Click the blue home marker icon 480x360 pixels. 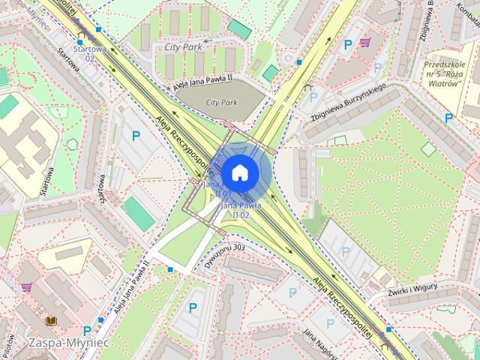click(239, 172)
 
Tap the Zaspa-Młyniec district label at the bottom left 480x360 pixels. click(68, 342)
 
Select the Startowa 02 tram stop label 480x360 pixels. click(88, 53)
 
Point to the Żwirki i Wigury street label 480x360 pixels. click(413, 291)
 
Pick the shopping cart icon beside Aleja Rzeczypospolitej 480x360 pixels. click(364, 43)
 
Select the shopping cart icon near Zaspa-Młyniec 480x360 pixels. click(27, 286)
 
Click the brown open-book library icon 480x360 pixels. click(52, 321)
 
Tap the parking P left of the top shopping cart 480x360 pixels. click(347, 45)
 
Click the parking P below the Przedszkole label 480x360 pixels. click(448, 118)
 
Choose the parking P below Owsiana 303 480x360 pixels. click(193, 307)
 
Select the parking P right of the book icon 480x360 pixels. click(88, 330)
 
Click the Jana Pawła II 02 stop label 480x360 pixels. click(241, 208)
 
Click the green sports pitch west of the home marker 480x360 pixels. click(138, 213)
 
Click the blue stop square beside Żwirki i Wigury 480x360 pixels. click(388, 329)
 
